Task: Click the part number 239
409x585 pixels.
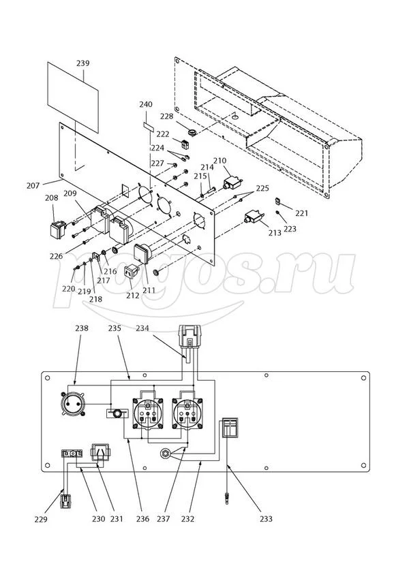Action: click(82, 63)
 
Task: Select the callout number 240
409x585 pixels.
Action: click(146, 104)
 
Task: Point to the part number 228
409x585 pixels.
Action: click(166, 117)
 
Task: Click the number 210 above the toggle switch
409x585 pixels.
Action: click(219, 161)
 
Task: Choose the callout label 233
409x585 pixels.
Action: click(266, 519)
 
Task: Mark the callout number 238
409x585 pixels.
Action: click(81, 328)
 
